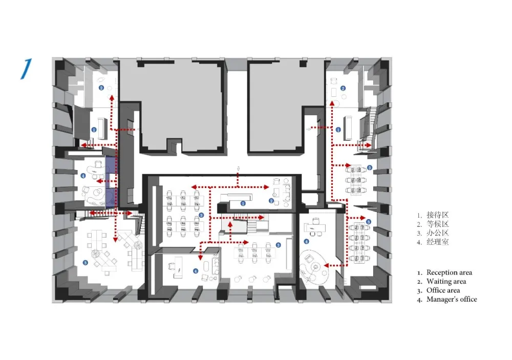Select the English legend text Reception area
(x=449, y=272)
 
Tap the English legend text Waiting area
(x=446, y=281)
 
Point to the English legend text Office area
(x=443, y=290)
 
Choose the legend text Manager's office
(x=451, y=300)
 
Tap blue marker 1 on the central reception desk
(x=243, y=203)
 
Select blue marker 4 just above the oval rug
(x=306, y=241)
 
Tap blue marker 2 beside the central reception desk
(x=271, y=201)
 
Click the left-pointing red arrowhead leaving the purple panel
(x=98, y=181)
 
